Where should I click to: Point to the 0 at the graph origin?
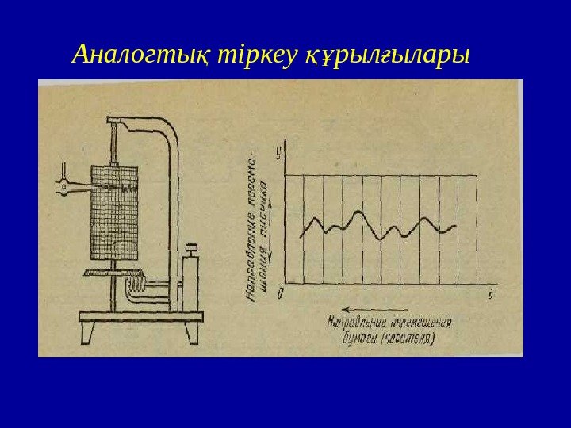[279, 294]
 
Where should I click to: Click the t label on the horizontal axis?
[491, 295]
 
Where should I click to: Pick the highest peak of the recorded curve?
[361, 212]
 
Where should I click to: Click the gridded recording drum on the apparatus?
[115, 214]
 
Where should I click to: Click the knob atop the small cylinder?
[190, 250]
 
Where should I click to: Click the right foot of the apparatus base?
[193, 331]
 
